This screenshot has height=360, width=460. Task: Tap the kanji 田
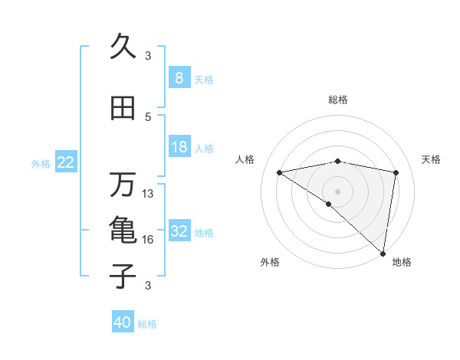click(123, 108)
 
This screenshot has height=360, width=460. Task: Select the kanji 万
click(123, 184)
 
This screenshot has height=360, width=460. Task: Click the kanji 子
click(123, 275)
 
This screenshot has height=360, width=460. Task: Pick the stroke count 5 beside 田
click(148, 117)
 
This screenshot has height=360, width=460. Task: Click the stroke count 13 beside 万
click(148, 194)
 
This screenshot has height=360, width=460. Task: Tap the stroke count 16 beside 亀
click(148, 240)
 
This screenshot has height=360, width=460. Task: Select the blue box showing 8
click(179, 78)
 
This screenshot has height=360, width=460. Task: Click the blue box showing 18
click(179, 147)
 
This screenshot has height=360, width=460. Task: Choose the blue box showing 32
click(179, 231)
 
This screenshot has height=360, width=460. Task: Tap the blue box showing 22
click(66, 162)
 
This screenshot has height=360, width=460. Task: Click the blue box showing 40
click(123, 322)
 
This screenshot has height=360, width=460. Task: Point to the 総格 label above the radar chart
click(338, 100)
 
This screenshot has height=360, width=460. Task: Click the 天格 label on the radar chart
click(431, 159)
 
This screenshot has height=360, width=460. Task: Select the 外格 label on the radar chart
click(270, 263)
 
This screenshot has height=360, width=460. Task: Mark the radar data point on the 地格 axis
click(383, 253)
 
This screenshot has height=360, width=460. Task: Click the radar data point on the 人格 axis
click(279, 172)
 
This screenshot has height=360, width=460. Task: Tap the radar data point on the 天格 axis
click(396, 172)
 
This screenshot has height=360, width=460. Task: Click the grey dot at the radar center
click(337, 191)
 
